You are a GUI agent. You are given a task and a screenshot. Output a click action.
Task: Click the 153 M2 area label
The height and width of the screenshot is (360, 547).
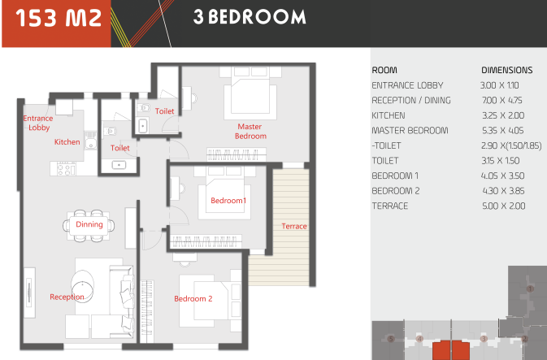59,18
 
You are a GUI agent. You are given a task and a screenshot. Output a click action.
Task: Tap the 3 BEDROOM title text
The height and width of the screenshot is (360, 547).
250,17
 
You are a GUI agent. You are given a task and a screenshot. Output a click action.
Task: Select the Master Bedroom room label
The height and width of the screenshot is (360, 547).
250,131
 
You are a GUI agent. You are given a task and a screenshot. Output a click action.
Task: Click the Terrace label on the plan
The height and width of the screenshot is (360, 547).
294,226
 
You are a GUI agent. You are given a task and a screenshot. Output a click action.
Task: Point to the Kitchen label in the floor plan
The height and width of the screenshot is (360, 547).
67,142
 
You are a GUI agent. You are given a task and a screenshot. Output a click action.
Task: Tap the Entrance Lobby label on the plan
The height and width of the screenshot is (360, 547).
38,123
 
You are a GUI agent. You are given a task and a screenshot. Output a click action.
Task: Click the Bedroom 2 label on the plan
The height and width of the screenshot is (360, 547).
193,298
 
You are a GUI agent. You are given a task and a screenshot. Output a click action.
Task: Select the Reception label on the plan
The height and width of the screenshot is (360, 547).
67,297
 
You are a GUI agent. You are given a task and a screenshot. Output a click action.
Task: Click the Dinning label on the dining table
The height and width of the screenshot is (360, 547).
89,224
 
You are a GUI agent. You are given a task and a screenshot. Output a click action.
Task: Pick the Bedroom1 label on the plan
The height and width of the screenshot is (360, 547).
228,201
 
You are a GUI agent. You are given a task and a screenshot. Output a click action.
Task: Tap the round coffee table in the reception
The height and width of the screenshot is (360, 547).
82,287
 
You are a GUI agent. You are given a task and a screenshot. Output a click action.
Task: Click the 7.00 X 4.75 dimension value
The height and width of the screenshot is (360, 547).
502,101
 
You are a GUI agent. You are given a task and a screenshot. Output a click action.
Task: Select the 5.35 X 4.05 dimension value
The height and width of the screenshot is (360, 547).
502,131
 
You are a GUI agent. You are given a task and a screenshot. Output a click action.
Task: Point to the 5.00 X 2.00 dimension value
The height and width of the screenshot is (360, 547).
504,206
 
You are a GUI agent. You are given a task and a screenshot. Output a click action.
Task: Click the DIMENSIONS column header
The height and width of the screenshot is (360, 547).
507,70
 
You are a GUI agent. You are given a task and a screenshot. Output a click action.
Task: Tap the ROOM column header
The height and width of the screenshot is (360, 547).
384,70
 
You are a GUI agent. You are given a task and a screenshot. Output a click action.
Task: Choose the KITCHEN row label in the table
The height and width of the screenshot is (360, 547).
389,115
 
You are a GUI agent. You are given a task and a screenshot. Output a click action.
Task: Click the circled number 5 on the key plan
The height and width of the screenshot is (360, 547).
391,339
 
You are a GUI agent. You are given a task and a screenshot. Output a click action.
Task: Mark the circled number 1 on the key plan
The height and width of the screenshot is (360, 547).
530,288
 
